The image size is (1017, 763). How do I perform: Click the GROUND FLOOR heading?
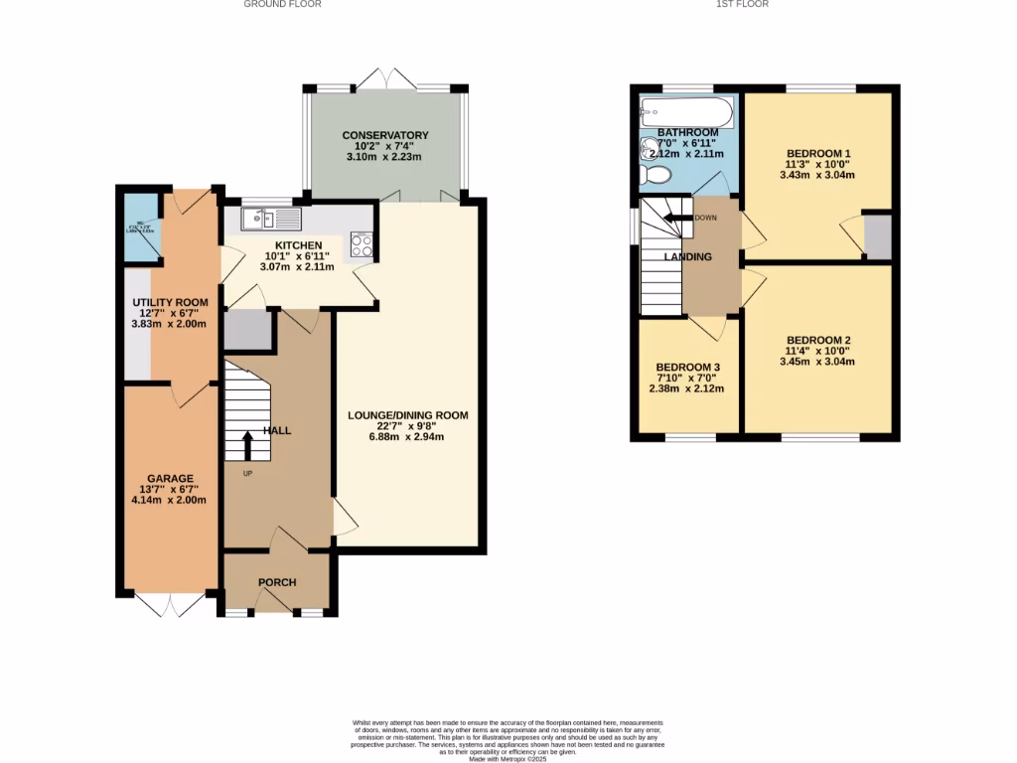point(282,4)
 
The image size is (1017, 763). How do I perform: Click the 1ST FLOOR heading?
point(742,4)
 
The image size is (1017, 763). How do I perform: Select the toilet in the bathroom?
point(656,176)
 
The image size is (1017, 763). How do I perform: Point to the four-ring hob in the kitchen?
point(361,244)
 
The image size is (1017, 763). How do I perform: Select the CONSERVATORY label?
point(385,135)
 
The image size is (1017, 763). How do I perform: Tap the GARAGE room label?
point(171,478)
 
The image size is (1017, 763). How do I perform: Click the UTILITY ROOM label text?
point(171,302)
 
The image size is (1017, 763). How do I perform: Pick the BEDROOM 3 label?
point(687,367)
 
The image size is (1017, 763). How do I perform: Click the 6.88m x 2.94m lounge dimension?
point(407,437)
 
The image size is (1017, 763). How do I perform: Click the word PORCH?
point(277,582)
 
